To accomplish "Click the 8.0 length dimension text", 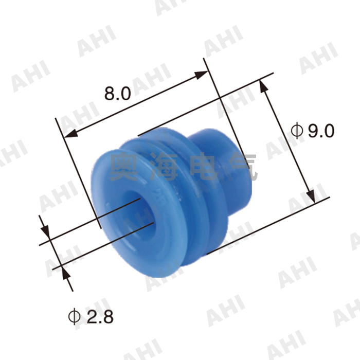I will (118, 93).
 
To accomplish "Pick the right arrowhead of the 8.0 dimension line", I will (202, 75).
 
